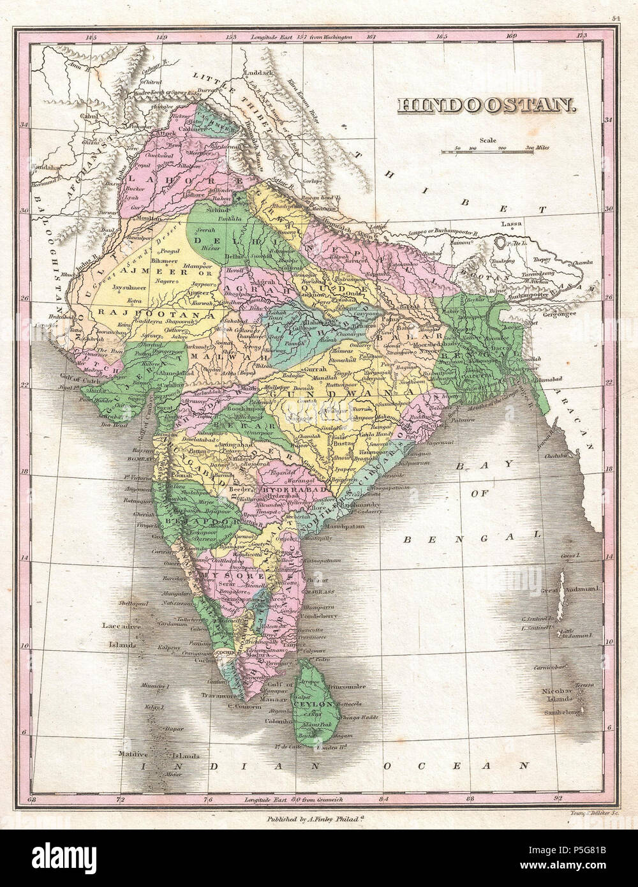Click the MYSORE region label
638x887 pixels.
click(x=223, y=575)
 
